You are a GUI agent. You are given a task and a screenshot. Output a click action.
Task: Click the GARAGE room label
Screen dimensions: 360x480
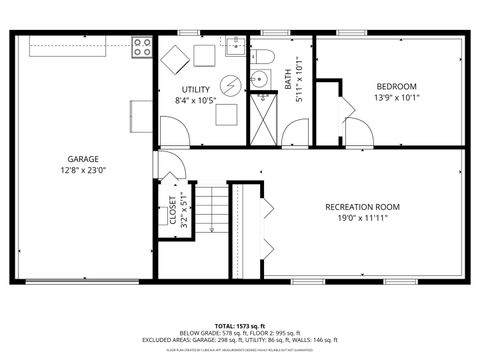(83, 159)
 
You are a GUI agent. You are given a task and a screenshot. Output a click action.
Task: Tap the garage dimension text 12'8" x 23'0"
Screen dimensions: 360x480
(83, 170)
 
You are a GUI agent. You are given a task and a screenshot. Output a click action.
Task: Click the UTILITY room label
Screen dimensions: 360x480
(195, 90)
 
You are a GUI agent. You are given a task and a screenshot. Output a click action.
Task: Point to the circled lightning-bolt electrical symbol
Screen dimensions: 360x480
(230, 84)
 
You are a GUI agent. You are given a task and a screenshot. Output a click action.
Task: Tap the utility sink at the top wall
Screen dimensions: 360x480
(234, 46)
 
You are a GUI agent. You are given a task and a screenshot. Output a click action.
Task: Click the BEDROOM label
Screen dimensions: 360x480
(396, 86)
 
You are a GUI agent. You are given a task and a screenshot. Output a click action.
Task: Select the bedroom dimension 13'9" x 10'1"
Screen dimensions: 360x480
(396, 97)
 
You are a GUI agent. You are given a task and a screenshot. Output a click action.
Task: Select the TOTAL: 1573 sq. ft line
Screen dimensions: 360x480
(240, 327)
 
